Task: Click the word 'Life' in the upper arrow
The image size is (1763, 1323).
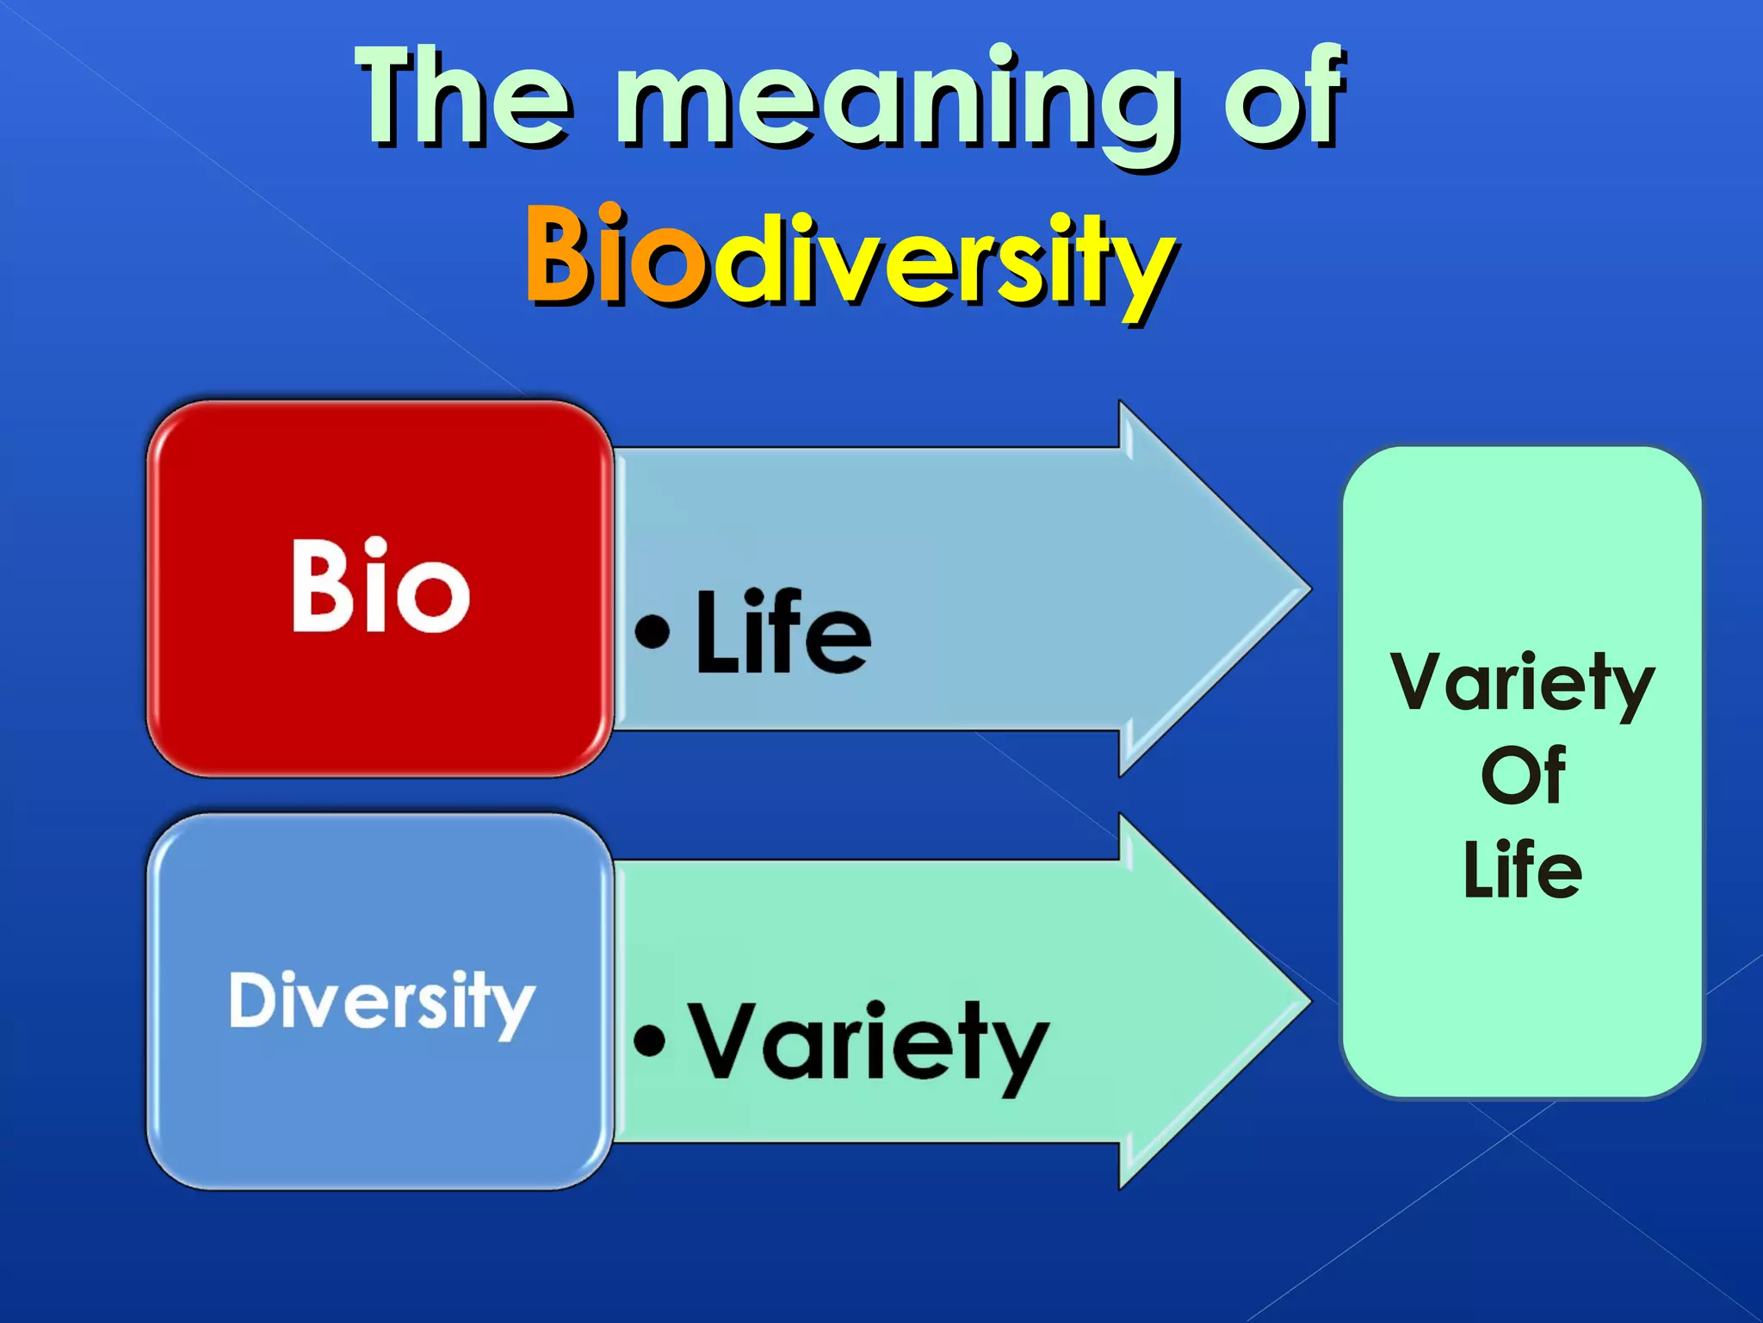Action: pyautogui.click(x=783, y=632)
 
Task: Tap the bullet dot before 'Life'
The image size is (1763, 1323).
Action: pyautogui.click(x=652, y=631)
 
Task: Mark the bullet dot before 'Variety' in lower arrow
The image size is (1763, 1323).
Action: pyautogui.click(x=650, y=1040)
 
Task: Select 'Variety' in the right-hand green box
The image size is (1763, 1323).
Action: pyautogui.click(x=1522, y=684)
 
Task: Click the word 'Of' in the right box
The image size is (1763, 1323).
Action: pyautogui.click(x=1522, y=775)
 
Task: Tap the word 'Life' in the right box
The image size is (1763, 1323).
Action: pyautogui.click(x=1522, y=870)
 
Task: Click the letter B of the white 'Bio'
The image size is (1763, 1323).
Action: pyautogui.click(x=319, y=587)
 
